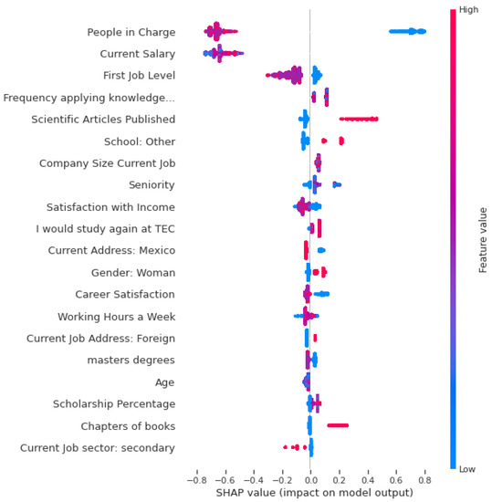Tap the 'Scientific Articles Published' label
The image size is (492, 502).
103,120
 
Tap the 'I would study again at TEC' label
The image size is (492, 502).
106,229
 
